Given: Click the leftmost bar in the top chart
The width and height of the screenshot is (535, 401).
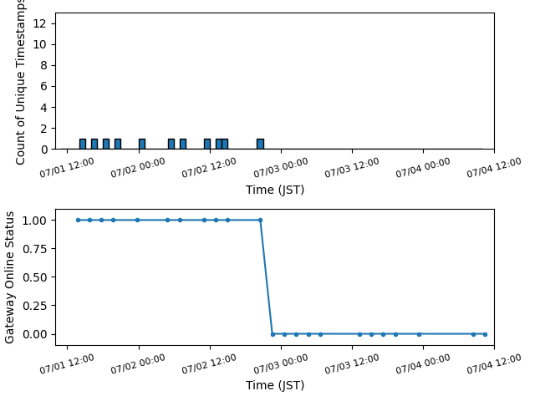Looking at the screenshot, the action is coord(83,144).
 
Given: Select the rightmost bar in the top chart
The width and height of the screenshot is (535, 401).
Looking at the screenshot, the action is coord(260,144).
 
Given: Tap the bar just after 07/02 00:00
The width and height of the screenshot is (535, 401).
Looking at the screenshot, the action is coord(142,144).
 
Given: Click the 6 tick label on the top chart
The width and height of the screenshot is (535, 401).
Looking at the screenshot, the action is coord(43,86).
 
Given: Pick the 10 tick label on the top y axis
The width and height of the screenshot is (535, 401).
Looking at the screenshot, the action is coord(39,44).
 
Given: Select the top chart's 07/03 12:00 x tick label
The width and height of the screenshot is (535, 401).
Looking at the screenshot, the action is coord(352,168).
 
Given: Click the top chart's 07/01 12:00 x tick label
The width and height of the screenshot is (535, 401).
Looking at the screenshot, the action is coord(67,168).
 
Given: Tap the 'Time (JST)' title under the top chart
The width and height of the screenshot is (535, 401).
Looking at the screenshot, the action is coord(275,190).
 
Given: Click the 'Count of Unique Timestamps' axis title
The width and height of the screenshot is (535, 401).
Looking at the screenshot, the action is coord(20,82).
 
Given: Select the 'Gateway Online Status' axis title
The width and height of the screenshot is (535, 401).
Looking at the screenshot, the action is coord(9,277).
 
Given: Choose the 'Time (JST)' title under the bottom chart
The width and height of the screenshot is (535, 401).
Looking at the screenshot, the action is coord(275,385).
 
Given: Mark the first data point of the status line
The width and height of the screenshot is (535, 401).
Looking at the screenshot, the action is coord(78,221).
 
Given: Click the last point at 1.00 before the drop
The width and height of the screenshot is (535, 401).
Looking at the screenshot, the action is coord(261,221).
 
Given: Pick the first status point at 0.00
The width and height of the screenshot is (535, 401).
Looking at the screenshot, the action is coord(273,334).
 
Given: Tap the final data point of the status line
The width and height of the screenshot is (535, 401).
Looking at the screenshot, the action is coord(485,334).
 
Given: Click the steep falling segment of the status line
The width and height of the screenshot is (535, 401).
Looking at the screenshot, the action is coord(267,277).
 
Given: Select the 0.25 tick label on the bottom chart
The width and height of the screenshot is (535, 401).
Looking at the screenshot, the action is coord(34,306).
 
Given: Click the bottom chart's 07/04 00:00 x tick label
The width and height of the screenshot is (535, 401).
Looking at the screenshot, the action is coord(423,363).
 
